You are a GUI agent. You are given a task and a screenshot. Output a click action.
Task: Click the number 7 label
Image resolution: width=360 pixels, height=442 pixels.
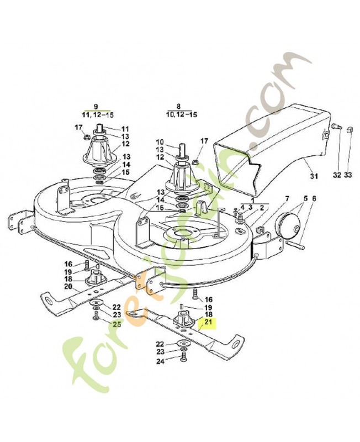(x=287, y=198)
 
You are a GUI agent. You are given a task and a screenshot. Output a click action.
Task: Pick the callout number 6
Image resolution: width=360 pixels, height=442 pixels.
(x=315, y=198)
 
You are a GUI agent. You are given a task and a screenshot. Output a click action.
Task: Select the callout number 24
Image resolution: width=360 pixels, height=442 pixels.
(x=160, y=362)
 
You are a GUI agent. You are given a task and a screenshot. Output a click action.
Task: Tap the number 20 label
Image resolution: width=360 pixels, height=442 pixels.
(x=68, y=287)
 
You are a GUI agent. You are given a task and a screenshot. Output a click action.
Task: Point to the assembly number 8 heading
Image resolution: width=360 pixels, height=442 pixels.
(x=178, y=106)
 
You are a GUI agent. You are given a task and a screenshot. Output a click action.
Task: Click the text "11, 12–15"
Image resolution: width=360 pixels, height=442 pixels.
(x=97, y=114)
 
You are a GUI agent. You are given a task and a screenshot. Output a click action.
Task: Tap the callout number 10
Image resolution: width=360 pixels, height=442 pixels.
(x=160, y=141)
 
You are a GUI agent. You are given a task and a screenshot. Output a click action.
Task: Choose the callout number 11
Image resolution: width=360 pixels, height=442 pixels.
(x=125, y=128)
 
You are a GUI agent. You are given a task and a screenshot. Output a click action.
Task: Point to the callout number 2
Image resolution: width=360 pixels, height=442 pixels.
(x=261, y=208)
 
